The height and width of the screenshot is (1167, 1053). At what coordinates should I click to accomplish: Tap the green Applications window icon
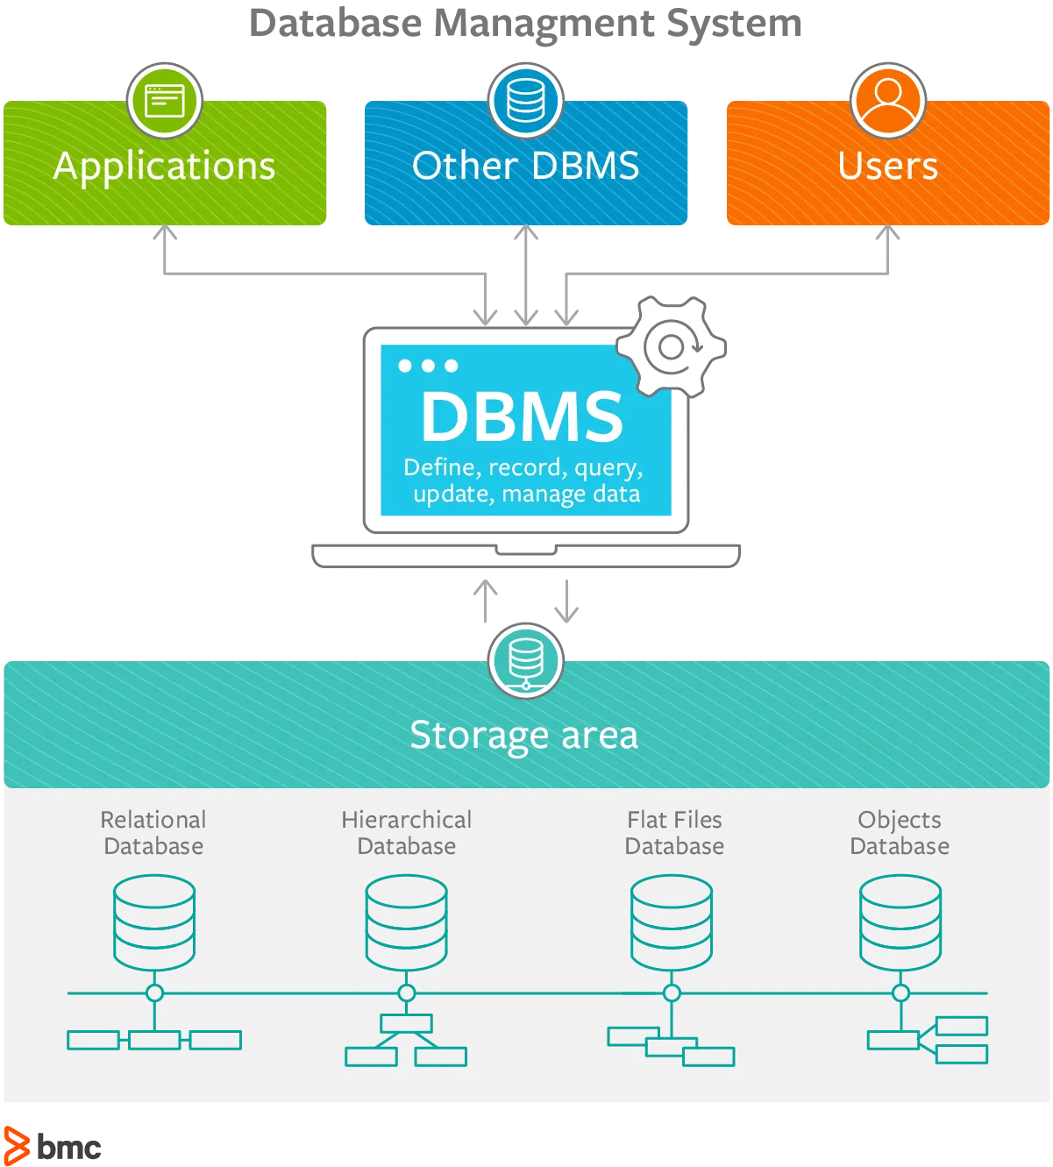tap(165, 101)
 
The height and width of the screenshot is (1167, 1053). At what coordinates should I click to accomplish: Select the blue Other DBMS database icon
tap(526, 101)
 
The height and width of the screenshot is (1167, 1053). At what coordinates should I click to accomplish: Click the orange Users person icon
tap(888, 101)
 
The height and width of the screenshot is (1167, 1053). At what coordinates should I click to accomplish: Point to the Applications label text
tap(165, 167)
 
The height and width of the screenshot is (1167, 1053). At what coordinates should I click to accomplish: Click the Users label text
tap(888, 166)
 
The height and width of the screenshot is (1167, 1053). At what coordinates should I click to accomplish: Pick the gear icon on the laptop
tap(672, 346)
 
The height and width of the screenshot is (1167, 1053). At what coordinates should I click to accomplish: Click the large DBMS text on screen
tap(522, 416)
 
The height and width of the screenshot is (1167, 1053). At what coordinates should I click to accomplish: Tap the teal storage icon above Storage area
tap(526, 661)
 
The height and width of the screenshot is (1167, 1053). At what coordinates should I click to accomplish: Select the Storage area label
tap(524, 736)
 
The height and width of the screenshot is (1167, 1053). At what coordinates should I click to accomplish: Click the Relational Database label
tap(153, 832)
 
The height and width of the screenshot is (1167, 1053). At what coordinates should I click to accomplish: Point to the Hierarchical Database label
tap(407, 832)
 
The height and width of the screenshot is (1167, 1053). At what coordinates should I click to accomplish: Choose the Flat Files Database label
tap(674, 832)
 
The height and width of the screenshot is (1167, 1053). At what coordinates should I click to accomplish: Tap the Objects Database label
tap(900, 832)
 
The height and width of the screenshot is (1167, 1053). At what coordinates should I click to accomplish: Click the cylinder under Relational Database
tap(154, 922)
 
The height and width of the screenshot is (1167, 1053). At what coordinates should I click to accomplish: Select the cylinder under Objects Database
tap(900, 922)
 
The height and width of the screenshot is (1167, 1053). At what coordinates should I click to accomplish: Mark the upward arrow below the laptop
tap(485, 601)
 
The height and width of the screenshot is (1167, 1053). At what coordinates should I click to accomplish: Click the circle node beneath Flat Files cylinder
tap(672, 993)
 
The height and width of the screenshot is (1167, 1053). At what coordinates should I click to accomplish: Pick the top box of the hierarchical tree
tap(406, 1024)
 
